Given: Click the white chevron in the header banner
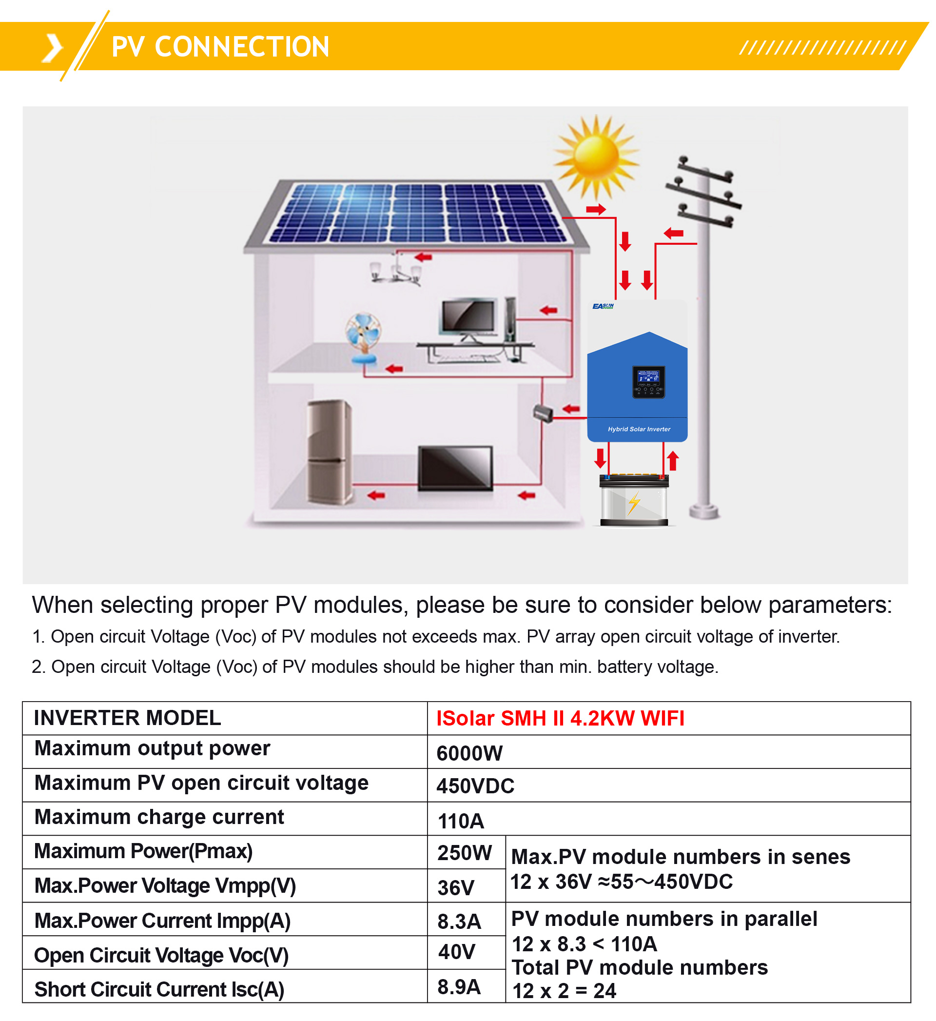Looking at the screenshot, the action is coord(53,49).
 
